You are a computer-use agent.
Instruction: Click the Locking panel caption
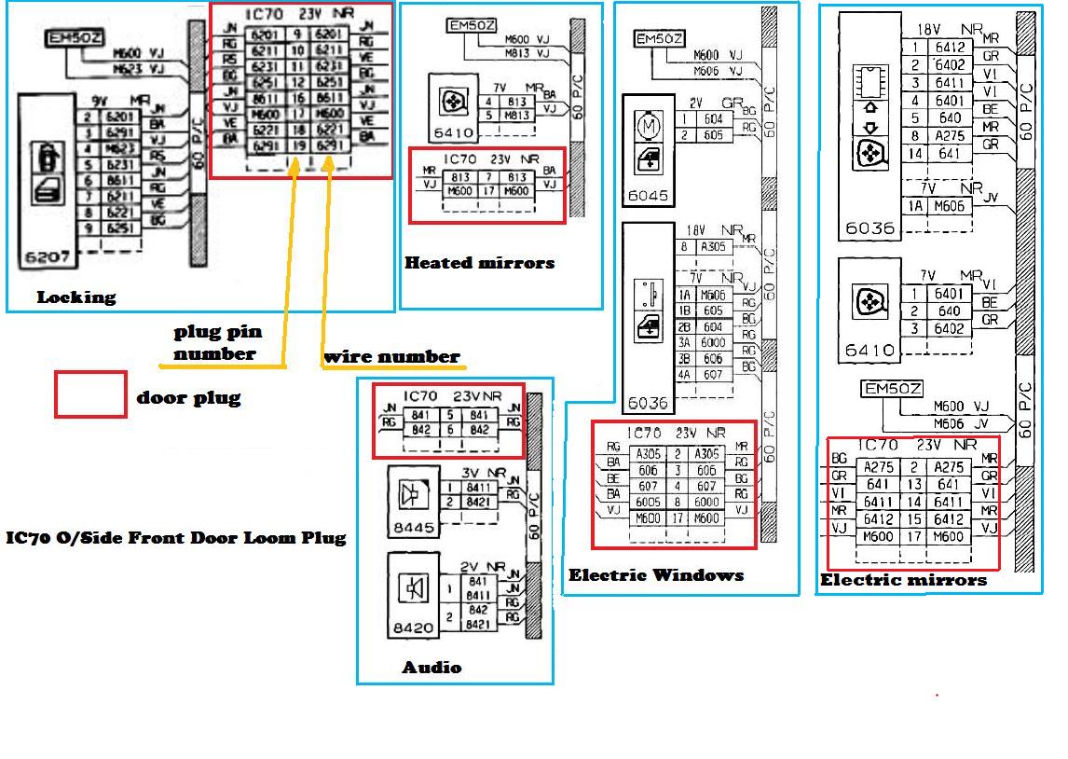(76, 297)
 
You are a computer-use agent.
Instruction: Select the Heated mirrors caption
(479, 263)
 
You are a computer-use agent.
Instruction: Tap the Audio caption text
(431, 667)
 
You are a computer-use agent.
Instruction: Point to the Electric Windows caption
(656, 575)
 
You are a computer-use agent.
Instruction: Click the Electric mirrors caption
(902, 580)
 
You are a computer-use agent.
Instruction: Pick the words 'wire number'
(391, 356)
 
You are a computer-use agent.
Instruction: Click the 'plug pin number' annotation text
(217, 342)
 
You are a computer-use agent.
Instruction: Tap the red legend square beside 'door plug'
(90, 394)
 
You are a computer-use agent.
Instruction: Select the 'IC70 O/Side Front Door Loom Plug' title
(175, 537)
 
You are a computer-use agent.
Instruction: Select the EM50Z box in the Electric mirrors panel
(893, 389)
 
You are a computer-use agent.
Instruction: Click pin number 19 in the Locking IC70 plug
(299, 146)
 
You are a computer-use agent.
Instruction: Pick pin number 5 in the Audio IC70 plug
(449, 416)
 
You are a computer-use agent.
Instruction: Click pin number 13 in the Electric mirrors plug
(915, 485)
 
